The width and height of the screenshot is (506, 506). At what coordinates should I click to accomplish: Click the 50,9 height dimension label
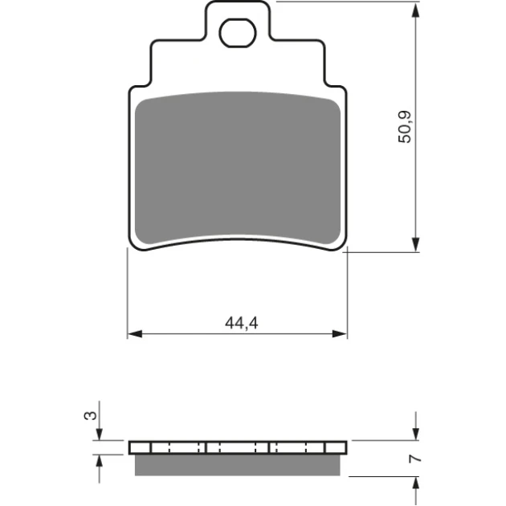(x=405, y=127)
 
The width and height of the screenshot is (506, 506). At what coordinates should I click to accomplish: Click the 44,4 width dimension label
(x=242, y=323)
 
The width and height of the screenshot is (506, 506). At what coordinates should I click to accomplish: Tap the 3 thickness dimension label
(x=90, y=415)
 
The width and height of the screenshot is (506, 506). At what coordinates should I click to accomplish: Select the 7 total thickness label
(x=415, y=459)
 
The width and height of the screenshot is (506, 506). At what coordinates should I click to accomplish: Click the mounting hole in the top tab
(x=238, y=33)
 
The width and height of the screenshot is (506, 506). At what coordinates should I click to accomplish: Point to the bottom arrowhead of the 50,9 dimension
(x=416, y=244)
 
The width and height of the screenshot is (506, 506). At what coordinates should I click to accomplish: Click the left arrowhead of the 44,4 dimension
(x=135, y=333)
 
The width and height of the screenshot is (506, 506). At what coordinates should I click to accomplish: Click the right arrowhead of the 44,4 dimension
(x=340, y=333)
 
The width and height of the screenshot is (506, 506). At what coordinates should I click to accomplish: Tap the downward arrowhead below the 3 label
(x=99, y=434)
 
